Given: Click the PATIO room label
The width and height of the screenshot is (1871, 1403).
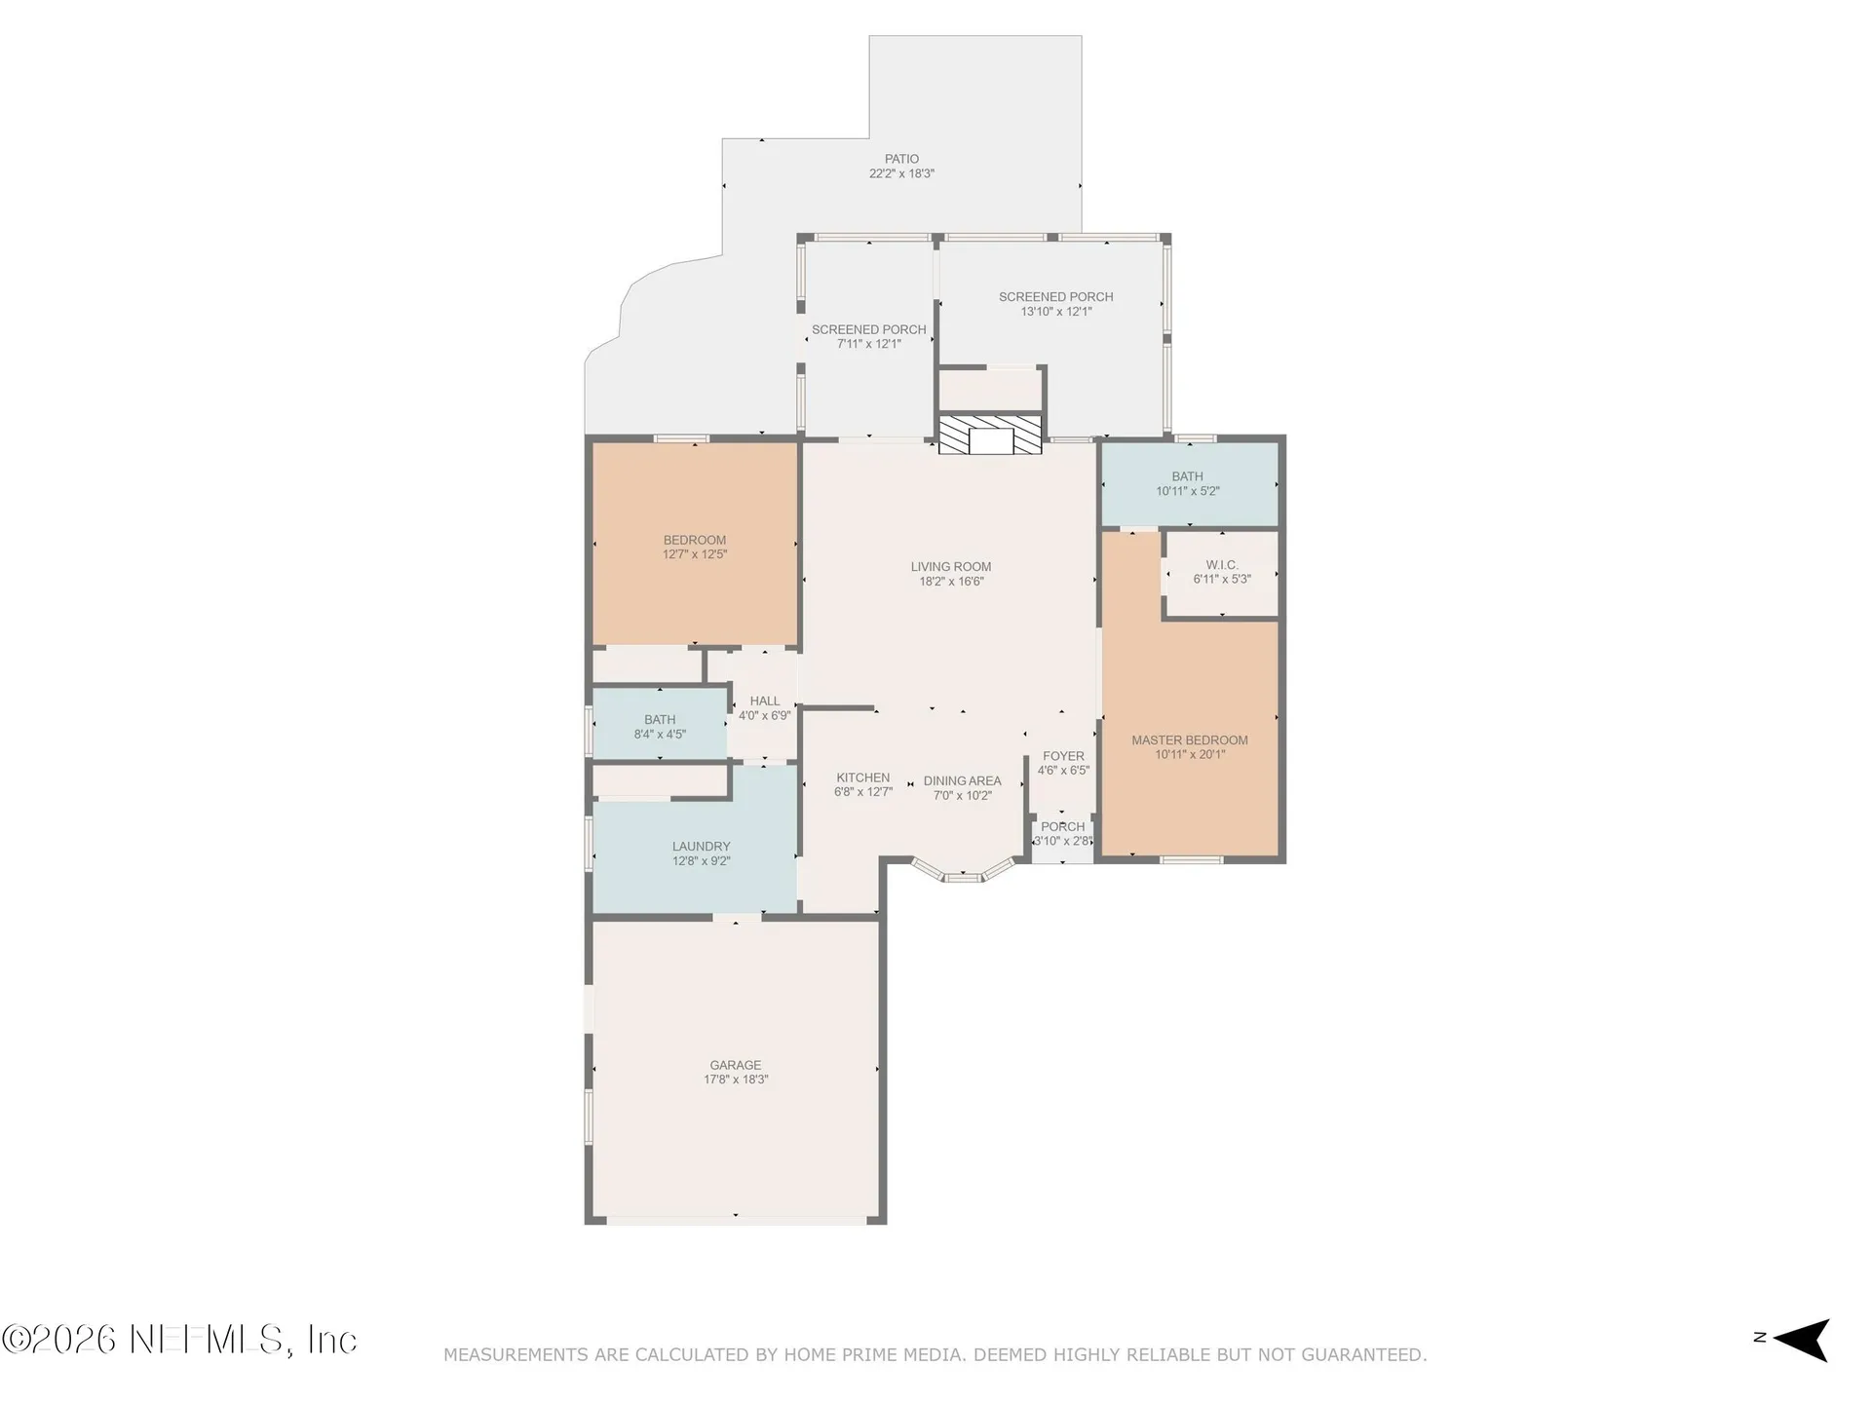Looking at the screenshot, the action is coord(901,159).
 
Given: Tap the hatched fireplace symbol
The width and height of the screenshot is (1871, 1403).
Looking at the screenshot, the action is coord(990,435).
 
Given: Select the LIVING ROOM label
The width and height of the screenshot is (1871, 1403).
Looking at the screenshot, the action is coord(951,566).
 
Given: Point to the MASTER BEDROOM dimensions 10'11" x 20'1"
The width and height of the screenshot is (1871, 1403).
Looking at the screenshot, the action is coord(1190,754).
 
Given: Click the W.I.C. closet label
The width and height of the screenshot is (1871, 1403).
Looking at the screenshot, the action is coord(1222,565).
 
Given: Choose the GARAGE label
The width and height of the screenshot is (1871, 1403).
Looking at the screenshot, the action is coord(736,1065).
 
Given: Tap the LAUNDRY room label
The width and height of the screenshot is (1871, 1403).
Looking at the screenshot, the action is coord(701,847).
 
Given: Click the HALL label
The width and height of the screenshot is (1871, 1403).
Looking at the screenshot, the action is coord(765,701).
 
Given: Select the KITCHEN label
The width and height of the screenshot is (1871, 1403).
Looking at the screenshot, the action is coord(862,777).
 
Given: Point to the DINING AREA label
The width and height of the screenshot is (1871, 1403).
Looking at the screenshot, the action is coord(962,780).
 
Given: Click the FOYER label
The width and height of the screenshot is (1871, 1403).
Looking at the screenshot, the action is coord(1063,756).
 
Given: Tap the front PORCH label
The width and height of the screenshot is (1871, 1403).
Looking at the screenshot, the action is coord(1062,826).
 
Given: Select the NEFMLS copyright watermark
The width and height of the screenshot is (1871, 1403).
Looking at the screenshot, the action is coord(179,1340).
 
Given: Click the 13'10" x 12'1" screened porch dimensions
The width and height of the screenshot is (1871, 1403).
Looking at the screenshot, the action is coord(1056,312).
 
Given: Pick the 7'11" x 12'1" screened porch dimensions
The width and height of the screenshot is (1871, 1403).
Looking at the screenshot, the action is coord(868,344).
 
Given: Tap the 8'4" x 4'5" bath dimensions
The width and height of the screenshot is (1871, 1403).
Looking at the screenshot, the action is coord(660,735).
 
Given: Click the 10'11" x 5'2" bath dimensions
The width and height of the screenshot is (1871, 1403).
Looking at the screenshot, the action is coord(1188,491).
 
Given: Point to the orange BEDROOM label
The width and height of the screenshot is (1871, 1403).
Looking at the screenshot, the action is coord(695,540).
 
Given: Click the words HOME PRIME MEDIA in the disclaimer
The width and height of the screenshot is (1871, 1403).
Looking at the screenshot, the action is coord(891,1354).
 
